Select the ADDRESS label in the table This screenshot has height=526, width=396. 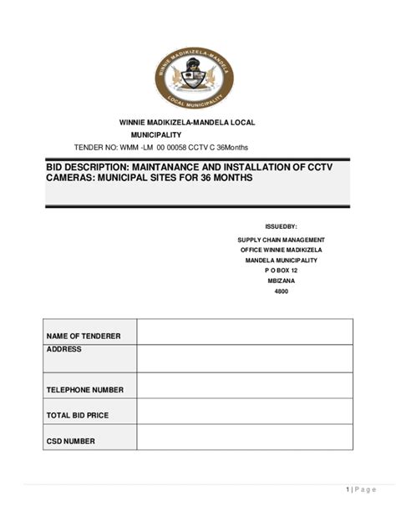click(x=64, y=349)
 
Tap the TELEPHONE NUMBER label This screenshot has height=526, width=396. click(x=85, y=389)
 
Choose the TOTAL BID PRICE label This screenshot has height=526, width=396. click(x=78, y=415)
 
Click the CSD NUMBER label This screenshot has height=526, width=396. click(x=71, y=441)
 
